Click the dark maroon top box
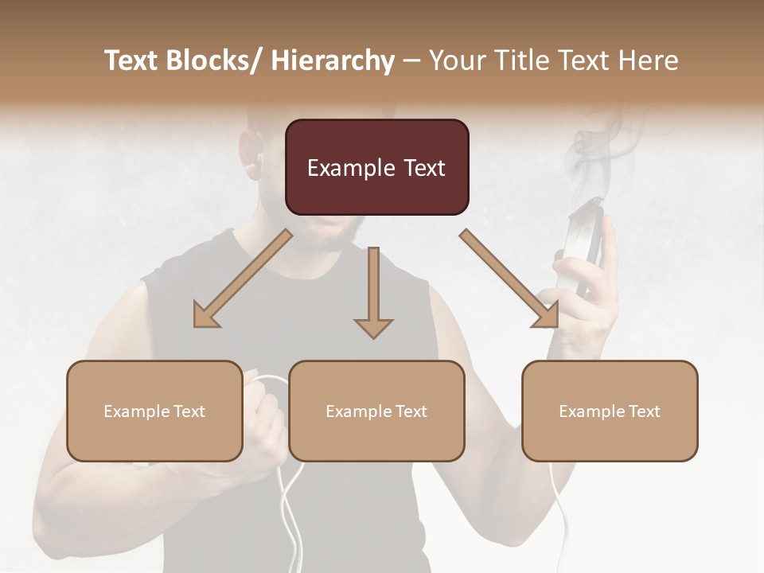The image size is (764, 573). point(376,167)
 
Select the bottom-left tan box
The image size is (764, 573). point(154,411)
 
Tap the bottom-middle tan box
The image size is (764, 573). point(376,411)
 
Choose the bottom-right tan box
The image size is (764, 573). point(610,411)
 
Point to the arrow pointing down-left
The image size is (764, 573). point(243,279)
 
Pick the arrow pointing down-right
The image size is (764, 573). point(509,279)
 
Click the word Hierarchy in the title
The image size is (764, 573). point(333,60)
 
